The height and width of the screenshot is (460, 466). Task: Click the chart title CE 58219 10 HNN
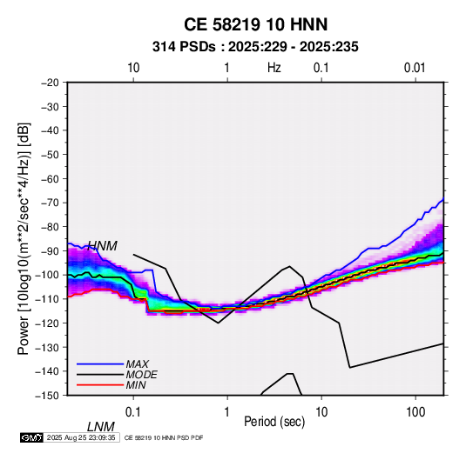tap(255, 24)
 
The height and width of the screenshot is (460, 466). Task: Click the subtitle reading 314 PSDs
tap(184, 47)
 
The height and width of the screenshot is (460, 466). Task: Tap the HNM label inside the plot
tap(102, 246)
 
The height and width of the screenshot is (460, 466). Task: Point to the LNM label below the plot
tap(101, 427)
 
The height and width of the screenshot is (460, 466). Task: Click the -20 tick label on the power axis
tap(50, 83)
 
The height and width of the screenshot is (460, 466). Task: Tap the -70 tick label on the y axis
tap(50, 203)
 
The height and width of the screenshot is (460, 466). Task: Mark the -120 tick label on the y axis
tap(47, 323)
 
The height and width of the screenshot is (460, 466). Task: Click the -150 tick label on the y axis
tap(47, 396)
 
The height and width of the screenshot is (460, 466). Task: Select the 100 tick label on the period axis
tap(415, 412)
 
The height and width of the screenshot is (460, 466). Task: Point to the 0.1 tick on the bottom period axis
tap(133, 412)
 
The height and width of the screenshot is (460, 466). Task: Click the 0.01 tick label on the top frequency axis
tap(415, 68)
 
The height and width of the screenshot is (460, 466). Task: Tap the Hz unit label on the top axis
tap(274, 68)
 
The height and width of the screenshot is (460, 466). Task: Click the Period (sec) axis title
tap(274, 422)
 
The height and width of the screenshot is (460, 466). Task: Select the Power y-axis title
tap(24, 238)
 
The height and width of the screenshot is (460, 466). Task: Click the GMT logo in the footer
tap(32, 437)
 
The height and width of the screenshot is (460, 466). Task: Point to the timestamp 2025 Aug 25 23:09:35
tap(81, 437)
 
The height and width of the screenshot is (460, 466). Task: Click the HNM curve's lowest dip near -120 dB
tap(218, 323)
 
